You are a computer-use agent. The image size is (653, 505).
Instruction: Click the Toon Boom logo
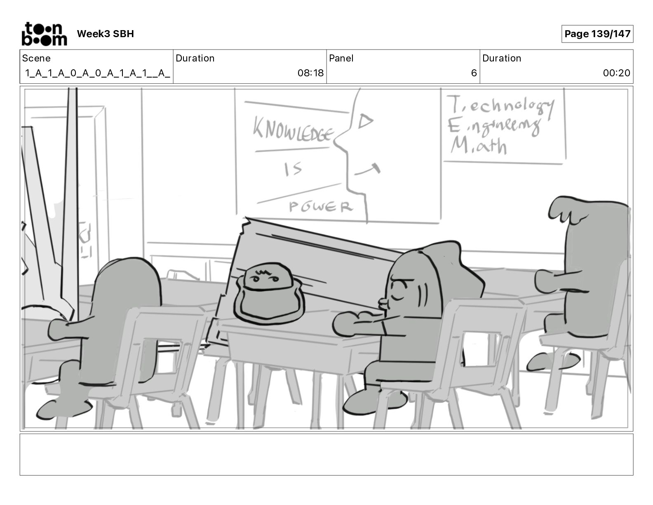(x=44, y=34)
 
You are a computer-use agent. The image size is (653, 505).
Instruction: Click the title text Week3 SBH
(x=105, y=34)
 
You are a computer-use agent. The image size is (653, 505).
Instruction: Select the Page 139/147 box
(x=597, y=34)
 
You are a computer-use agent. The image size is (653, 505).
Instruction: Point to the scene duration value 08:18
(x=310, y=73)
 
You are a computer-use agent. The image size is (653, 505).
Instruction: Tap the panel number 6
(x=474, y=73)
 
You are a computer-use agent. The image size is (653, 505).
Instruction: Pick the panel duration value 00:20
(x=616, y=73)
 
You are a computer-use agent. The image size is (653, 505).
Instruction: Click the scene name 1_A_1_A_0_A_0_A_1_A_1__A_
(x=97, y=73)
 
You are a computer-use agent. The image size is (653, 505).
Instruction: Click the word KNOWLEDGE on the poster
(x=293, y=129)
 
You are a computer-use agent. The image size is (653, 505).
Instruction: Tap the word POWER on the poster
(x=321, y=206)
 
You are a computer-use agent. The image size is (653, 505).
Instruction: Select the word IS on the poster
(x=293, y=169)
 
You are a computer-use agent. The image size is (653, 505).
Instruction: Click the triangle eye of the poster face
(x=365, y=121)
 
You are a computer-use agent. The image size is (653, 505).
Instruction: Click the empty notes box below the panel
(x=326, y=454)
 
